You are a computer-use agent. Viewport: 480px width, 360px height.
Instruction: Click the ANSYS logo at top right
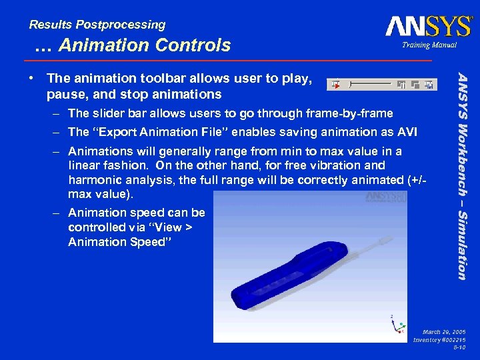point(427,26)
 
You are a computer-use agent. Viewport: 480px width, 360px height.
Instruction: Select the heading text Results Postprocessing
point(97,25)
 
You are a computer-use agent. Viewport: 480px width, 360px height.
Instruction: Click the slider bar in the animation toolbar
point(371,85)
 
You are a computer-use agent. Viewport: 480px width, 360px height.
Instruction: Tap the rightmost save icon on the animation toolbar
point(429,85)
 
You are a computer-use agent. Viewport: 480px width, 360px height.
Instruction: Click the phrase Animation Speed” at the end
point(119,241)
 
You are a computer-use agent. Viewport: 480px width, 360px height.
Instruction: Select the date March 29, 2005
point(444,331)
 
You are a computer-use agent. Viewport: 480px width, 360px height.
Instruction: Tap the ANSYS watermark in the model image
point(385,197)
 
